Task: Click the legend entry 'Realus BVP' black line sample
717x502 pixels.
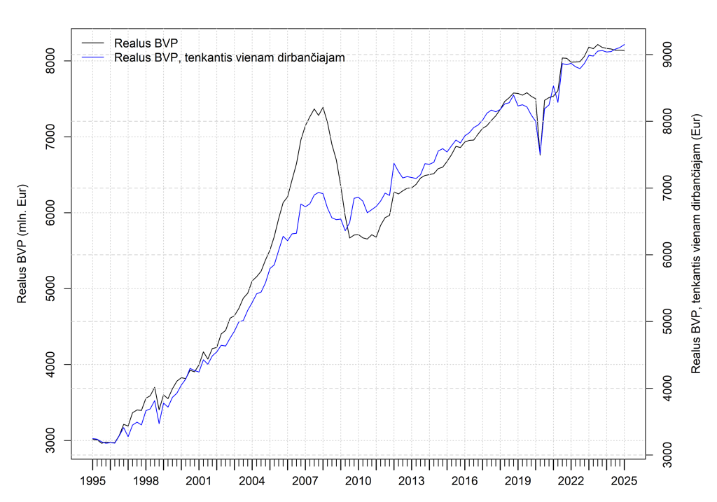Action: pos(93,43)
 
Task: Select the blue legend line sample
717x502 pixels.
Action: pos(93,57)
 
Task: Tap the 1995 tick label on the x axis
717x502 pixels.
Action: pos(92,481)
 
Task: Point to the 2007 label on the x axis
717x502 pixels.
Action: pos(305,481)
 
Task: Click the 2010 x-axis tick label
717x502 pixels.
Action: pos(358,481)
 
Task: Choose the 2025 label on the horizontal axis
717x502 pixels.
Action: pos(624,481)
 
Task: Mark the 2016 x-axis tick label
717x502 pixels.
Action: pos(465,481)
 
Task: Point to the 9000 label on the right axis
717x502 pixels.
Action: pos(667,55)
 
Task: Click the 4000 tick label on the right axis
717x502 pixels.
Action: pos(667,388)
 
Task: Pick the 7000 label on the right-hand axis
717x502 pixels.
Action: pos(667,188)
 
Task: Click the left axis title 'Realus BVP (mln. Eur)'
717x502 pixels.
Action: pos(22,244)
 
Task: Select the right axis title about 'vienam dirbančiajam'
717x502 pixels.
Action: pos(695,244)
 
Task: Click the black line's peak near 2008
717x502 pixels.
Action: pos(323,107)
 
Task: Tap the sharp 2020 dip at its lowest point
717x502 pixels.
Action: pos(540,155)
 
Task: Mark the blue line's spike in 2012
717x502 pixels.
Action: pos(394,163)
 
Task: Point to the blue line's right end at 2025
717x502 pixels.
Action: pos(624,44)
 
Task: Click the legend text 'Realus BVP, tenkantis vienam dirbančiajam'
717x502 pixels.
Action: pos(230,57)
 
